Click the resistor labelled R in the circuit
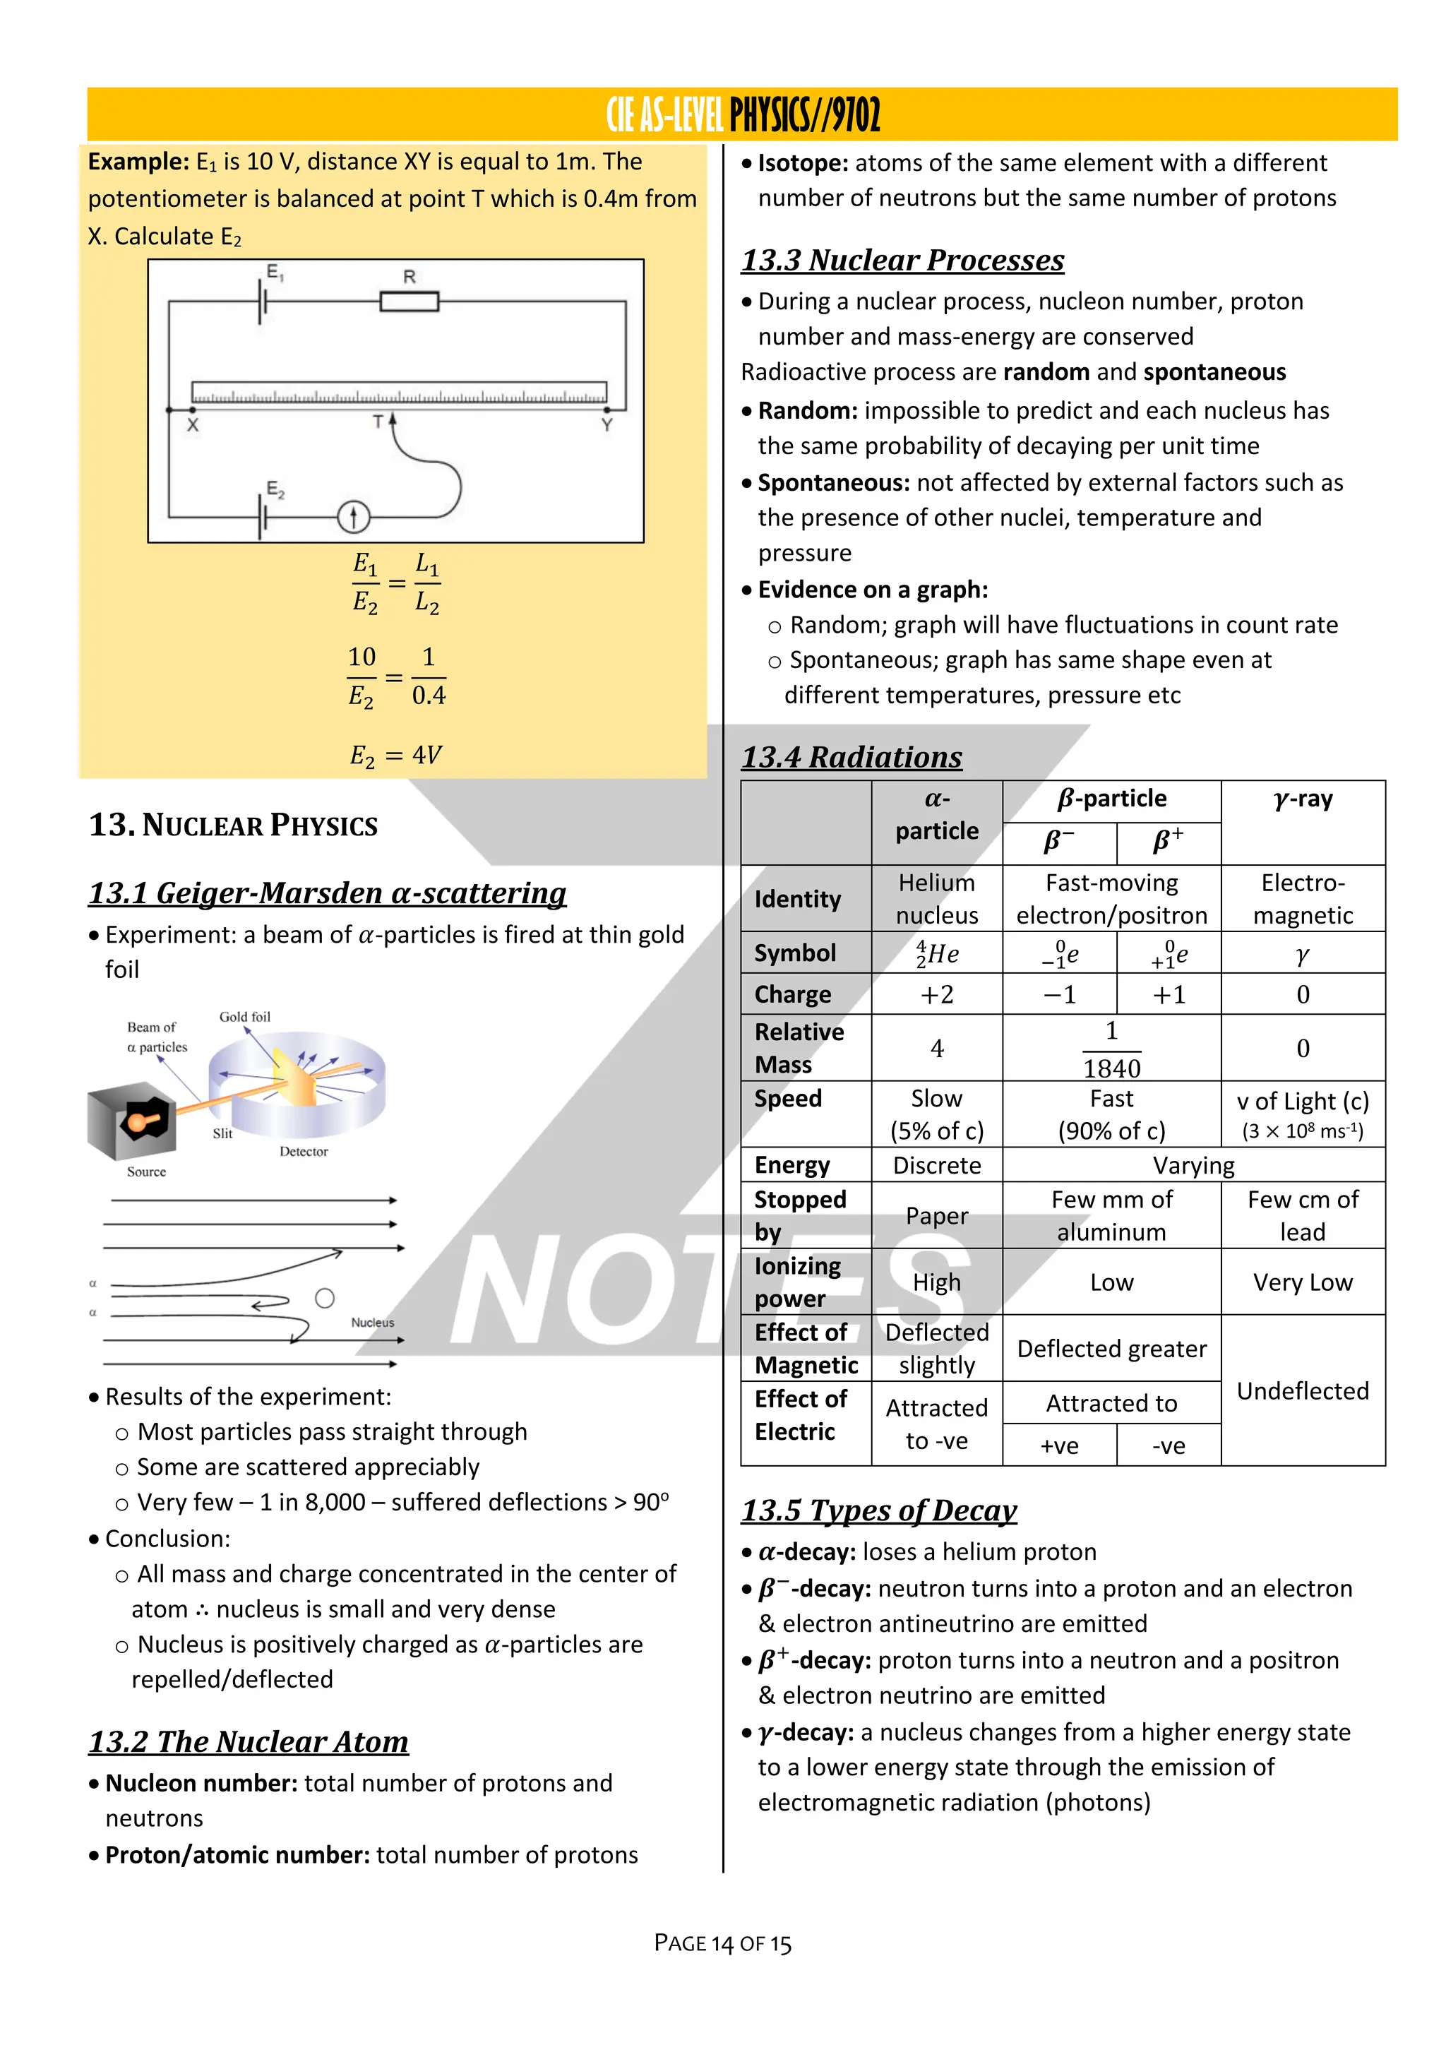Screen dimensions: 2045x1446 pos(409,302)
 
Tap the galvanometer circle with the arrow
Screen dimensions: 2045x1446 pos(354,517)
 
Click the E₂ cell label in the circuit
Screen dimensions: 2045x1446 pos(275,489)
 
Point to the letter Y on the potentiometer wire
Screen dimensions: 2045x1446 pos(607,425)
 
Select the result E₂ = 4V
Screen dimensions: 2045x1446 pos(395,756)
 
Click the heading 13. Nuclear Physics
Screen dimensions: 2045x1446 pos(233,825)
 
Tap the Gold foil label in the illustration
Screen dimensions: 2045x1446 pos(245,1016)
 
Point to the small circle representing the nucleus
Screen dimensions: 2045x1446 pos(325,1298)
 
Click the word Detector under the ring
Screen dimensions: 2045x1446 pos(304,1152)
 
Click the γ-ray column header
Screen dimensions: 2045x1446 pos(1303,799)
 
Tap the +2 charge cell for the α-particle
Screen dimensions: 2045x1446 pos(937,994)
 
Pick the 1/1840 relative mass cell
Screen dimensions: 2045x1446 pos(1111,1049)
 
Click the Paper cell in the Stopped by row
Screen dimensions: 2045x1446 pos(937,1216)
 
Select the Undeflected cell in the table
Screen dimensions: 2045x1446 pos(1303,1390)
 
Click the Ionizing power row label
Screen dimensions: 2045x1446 pos(798,1282)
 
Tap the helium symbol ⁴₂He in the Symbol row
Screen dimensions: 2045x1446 pos(937,954)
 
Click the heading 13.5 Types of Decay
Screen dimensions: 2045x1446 pos(879,1510)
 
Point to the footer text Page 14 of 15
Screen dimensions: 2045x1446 pos(722,1943)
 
